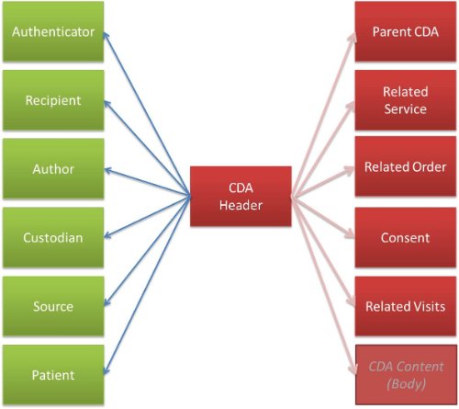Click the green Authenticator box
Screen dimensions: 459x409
click(53, 31)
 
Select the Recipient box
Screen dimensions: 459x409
click(53, 100)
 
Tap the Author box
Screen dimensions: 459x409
click(53, 169)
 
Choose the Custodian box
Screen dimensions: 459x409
click(53, 237)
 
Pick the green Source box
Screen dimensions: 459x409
click(53, 306)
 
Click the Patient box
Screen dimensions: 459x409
click(53, 375)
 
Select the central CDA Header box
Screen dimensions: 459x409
click(241, 197)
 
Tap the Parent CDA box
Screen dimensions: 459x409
click(406, 31)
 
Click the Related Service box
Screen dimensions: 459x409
click(406, 100)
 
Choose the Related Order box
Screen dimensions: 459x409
click(406, 166)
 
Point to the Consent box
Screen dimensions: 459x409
click(406, 237)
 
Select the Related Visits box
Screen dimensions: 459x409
click(406, 306)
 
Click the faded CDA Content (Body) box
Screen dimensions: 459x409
click(406, 375)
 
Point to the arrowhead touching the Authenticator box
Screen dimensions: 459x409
click(106, 35)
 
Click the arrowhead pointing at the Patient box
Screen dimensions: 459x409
click(106, 370)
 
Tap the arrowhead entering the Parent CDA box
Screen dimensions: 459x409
click(353, 37)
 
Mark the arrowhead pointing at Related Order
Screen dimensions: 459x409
click(350, 170)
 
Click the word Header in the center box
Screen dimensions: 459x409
click(241, 205)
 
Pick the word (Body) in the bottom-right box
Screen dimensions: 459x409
click(406, 383)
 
